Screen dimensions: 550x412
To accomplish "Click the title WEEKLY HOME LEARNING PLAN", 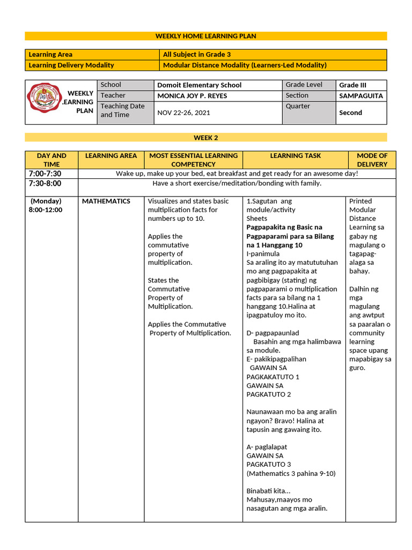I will (x=205, y=36).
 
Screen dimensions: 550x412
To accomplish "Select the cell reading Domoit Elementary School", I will (x=199, y=85).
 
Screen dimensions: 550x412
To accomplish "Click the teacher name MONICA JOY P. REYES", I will (x=192, y=96).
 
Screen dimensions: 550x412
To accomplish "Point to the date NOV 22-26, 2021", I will (x=183, y=113).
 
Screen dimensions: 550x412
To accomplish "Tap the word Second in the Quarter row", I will (x=350, y=113).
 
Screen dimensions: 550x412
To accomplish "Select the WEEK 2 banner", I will (x=205, y=137).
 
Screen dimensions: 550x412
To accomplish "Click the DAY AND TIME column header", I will (x=51, y=160).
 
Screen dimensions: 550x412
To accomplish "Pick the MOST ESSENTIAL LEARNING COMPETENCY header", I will (x=193, y=160).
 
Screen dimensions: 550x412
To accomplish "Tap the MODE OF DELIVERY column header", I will (x=372, y=160).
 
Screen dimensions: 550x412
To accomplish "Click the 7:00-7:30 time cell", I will (x=45, y=173).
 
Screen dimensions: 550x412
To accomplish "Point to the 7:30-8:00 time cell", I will (x=45, y=183).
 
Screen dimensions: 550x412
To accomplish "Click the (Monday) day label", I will (x=47, y=201).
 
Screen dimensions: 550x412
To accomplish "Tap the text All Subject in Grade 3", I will (x=197, y=54).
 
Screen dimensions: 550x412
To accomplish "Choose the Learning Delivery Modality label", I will (x=71, y=65).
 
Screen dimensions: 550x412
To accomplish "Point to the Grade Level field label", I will (x=304, y=85).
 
